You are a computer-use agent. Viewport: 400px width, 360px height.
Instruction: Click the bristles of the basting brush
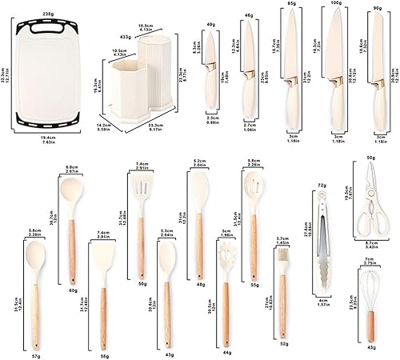click(282, 262)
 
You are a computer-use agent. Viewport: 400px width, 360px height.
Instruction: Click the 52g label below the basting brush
click(283, 343)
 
